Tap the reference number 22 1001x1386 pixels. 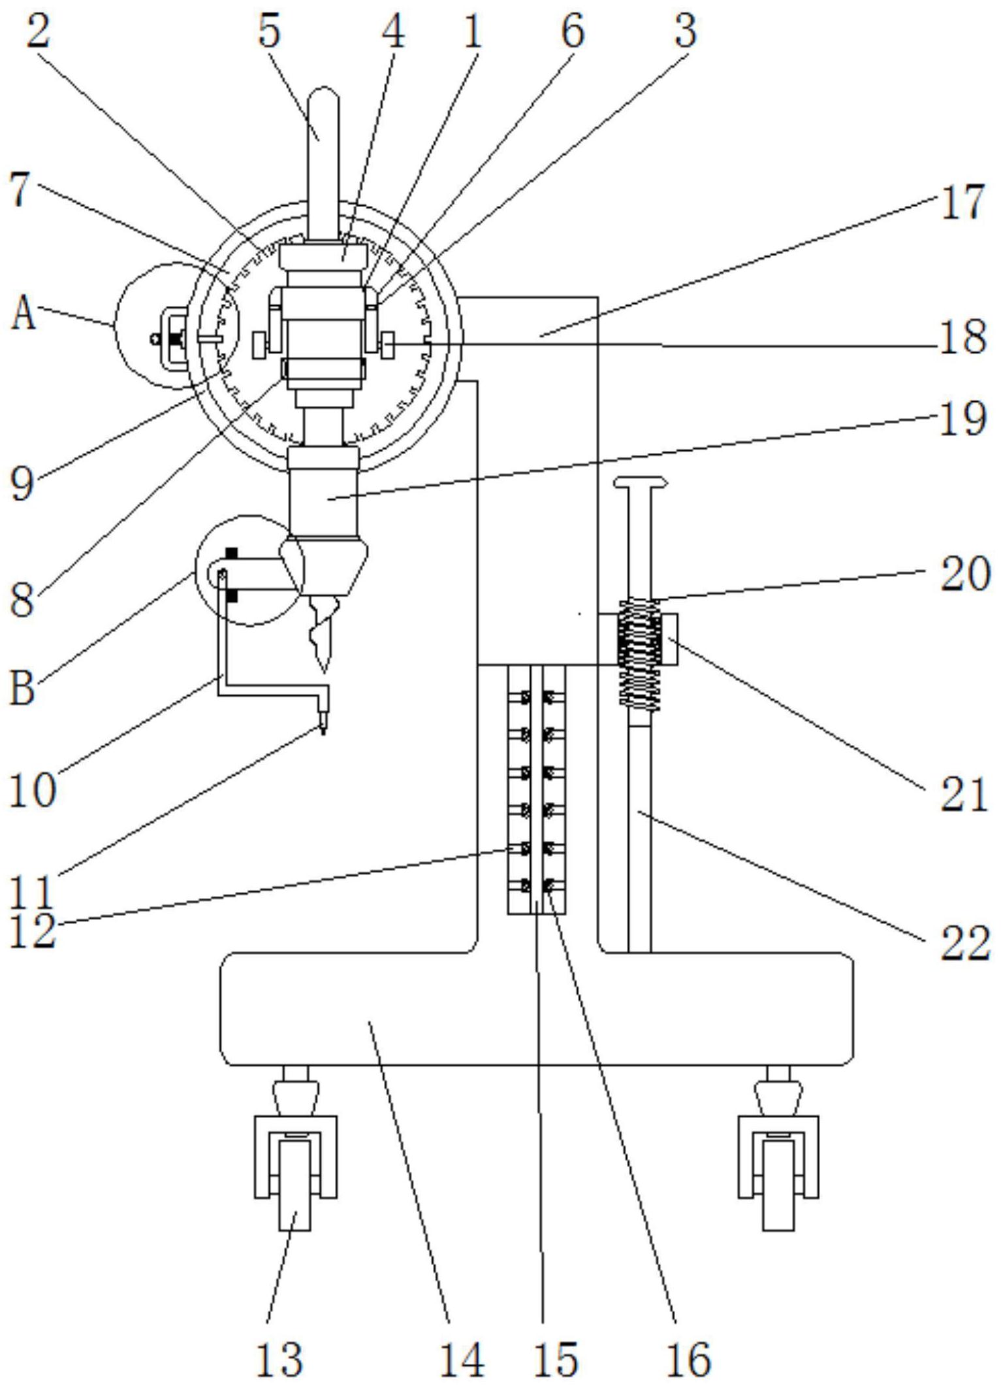tap(965, 944)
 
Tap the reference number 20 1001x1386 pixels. tap(965, 573)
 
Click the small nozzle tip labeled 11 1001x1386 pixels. tap(323, 727)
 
